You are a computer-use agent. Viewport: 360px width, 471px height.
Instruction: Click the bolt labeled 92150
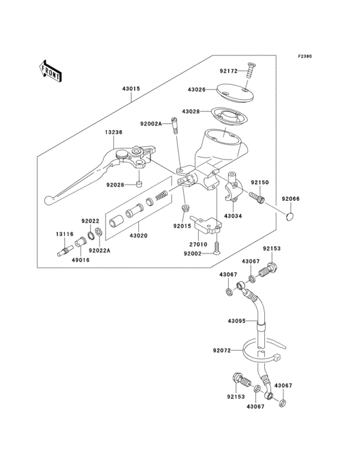257,197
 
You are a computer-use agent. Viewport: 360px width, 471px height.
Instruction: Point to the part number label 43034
233,216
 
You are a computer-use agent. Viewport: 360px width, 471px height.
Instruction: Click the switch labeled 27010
209,225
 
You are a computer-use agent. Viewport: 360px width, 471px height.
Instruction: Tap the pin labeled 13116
64,252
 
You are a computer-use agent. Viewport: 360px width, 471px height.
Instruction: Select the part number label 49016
82,260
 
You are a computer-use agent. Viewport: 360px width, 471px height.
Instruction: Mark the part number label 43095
237,320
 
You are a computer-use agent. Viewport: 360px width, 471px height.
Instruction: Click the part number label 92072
222,351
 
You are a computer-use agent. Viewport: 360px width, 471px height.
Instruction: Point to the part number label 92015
182,226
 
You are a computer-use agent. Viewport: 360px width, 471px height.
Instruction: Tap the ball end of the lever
52,200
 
